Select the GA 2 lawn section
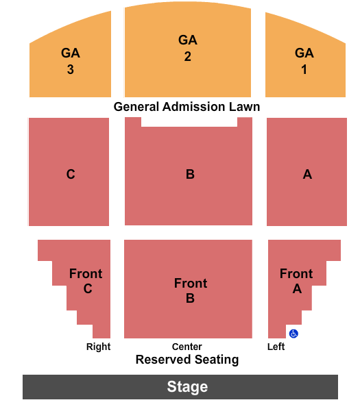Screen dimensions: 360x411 click(188, 49)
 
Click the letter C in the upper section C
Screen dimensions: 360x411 click(71, 174)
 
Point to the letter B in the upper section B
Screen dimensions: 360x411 click(190, 174)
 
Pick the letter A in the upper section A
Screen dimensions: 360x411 click(307, 174)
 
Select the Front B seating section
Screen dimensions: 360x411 click(188, 289)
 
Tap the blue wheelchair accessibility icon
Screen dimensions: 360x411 click(293, 334)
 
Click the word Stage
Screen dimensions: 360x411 click(187, 387)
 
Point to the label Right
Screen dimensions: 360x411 click(98, 347)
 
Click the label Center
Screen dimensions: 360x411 click(187, 347)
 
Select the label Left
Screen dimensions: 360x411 click(276, 347)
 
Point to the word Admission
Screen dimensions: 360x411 click(194, 107)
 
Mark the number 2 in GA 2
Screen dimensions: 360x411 click(188, 57)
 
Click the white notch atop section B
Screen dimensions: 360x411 click(189, 122)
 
